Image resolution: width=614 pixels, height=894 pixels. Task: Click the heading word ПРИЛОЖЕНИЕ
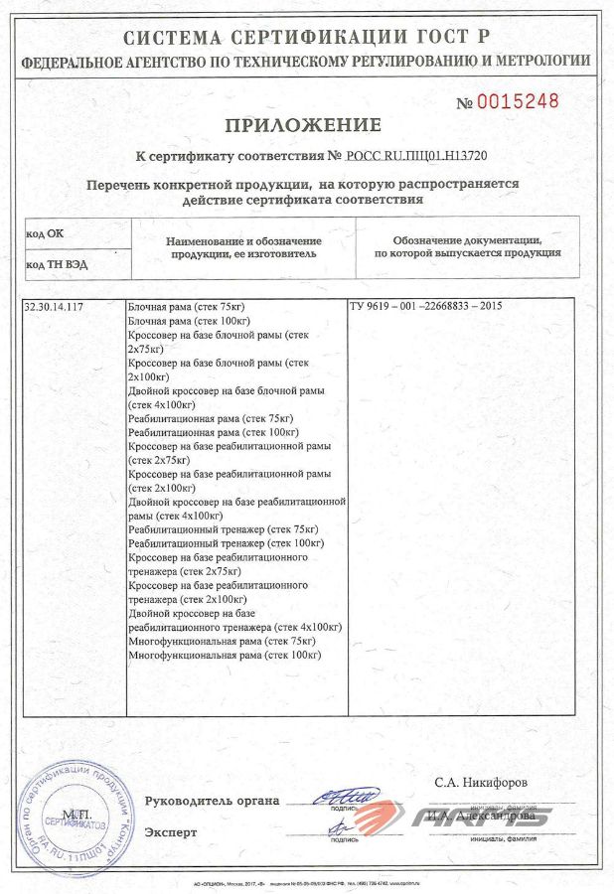[303, 125]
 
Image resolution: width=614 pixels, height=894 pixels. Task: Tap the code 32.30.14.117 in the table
[54, 307]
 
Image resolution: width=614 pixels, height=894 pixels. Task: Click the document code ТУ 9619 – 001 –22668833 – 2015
[425, 307]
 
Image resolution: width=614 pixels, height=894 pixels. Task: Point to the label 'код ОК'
[43, 232]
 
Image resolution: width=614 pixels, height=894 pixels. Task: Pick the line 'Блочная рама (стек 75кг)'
[187, 307]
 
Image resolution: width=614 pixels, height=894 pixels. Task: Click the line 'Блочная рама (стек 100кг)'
[189, 321]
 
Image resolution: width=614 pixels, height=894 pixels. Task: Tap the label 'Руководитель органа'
[212, 802]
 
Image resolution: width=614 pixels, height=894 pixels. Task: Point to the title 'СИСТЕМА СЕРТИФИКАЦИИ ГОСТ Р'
[306, 38]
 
